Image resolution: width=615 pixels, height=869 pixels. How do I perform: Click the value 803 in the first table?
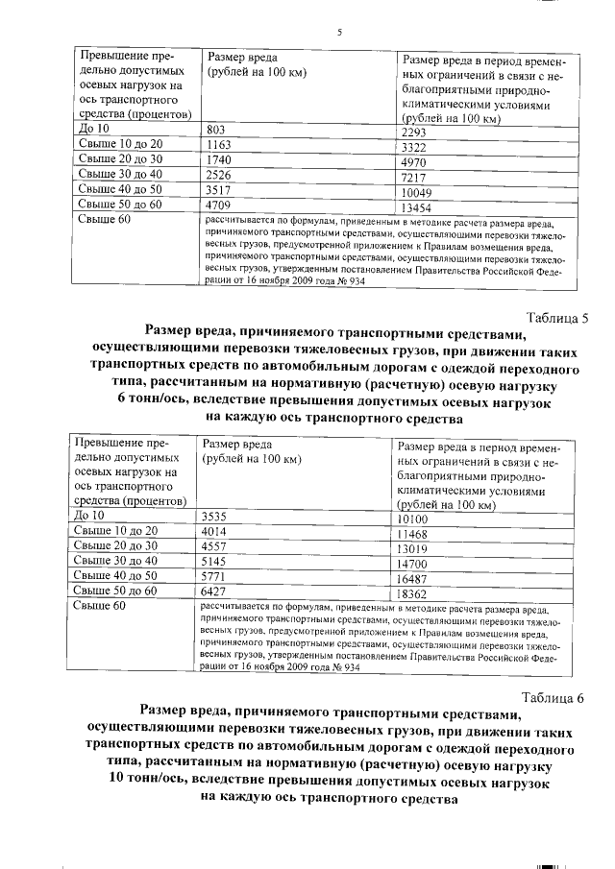[215, 129]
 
